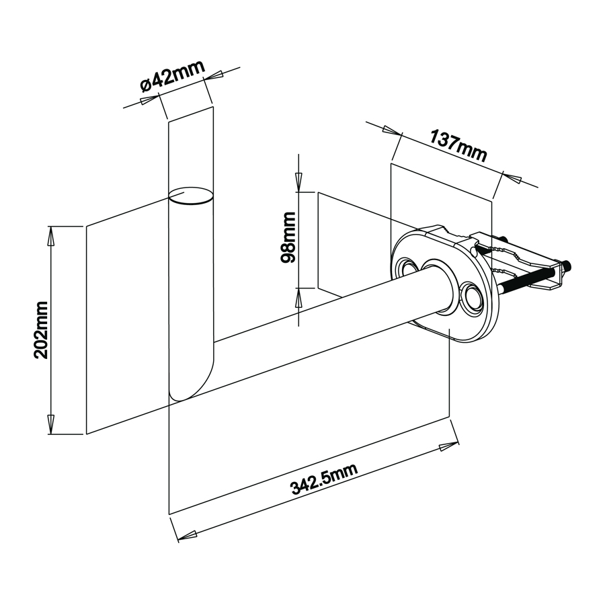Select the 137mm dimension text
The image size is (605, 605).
[458, 146]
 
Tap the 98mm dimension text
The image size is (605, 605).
[288, 237]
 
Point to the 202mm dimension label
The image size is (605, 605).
[41, 330]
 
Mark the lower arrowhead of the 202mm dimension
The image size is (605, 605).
[50, 424]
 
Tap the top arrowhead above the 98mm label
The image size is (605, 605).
[298, 182]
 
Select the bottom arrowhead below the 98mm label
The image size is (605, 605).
[298, 298]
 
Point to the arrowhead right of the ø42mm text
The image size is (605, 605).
[213, 75]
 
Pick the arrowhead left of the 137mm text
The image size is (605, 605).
[393, 131]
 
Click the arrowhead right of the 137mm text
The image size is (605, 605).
[512, 178]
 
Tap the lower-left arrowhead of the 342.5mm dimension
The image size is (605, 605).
[187, 535]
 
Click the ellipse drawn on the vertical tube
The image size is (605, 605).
[191, 196]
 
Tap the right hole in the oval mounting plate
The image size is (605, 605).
[471, 296]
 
